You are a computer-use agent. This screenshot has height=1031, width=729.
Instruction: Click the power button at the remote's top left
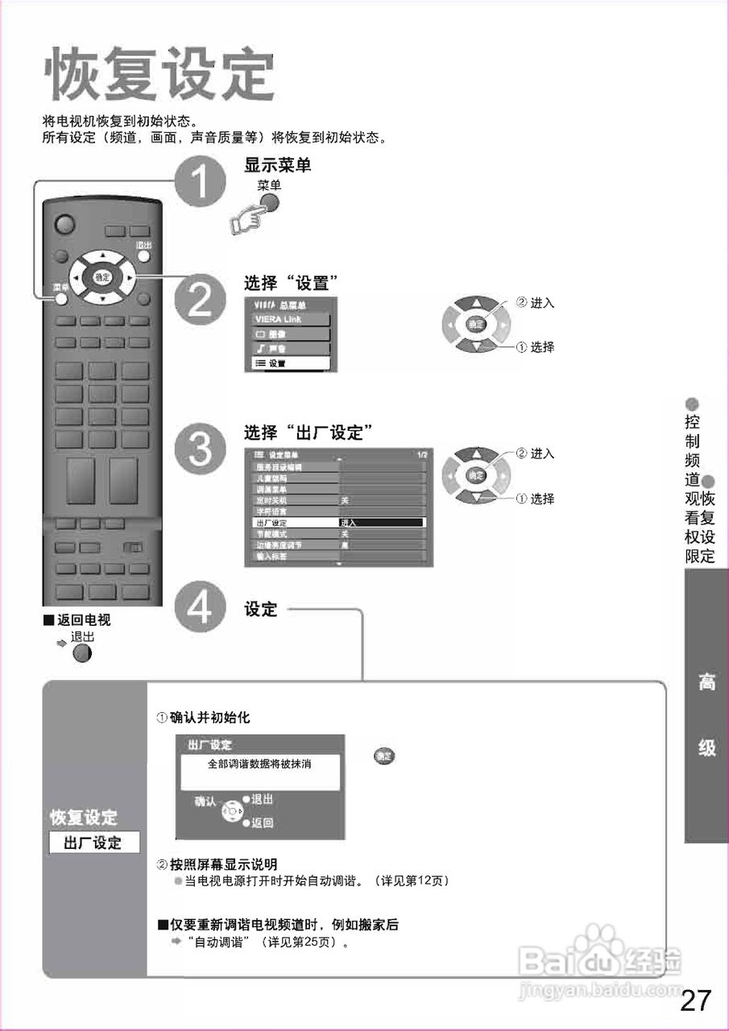click(65, 224)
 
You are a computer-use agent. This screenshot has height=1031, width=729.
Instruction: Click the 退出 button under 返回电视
click(82, 652)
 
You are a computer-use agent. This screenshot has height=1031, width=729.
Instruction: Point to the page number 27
click(696, 1000)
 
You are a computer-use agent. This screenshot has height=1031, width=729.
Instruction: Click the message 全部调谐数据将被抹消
click(260, 764)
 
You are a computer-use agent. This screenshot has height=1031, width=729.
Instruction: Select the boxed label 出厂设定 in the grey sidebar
click(93, 843)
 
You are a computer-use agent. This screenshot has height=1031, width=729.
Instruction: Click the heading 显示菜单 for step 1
click(277, 165)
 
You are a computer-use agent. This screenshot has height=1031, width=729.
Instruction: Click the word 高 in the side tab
click(706, 683)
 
